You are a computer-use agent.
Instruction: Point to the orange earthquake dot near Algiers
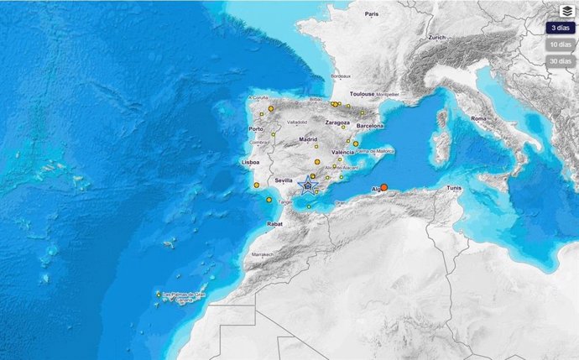pyautogui.click(x=384, y=188)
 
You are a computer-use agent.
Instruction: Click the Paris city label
pyautogui.click(x=373, y=14)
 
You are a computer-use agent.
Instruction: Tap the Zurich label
pyautogui.click(x=436, y=38)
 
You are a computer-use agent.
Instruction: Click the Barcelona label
pyautogui.click(x=369, y=125)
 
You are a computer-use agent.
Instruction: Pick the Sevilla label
pyautogui.click(x=283, y=180)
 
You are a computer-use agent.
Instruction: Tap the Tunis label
pyautogui.click(x=456, y=188)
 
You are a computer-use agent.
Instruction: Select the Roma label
pyautogui.click(x=478, y=119)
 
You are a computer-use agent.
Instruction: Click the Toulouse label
pyautogui.click(x=362, y=94)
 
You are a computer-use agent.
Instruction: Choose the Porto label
pyautogui.click(x=257, y=129)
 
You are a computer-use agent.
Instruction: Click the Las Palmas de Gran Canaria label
pyautogui.click(x=184, y=294)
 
